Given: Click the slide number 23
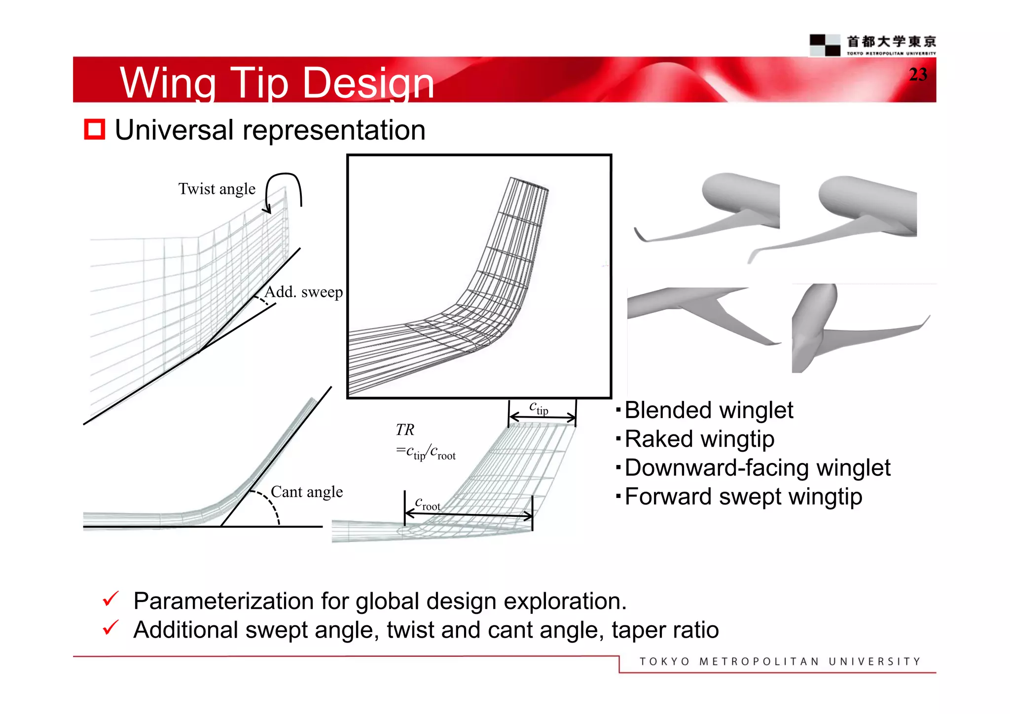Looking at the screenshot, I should pyautogui.click(x=918, y=75).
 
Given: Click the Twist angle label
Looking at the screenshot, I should pyautogui.click(x=217, y=189).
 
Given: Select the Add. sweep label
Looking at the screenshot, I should pyautogui.click(x=303, y=292).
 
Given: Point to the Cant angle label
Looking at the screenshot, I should pyautogui.click(x=307, y=492).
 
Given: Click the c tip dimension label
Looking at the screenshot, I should pyautogui.click(x=539, y=408).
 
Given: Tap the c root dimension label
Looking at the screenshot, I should pyautogui.click(x=427, y=504).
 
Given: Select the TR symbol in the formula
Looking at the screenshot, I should pyautogui.click(x=405, y=430).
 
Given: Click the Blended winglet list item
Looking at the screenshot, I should pyautogui.click(x=709, y=410).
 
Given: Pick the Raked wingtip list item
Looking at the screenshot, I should pyautogui.click(x=699, y=439).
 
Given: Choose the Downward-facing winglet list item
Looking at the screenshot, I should pyautogui.click(x=757, y=467).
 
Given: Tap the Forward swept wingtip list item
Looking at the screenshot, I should pyautogui.click(x=743, y=496).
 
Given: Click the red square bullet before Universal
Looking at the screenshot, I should pyautogui.click(x=94, y=130).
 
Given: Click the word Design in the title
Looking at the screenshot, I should pyautogui.click(x=368, y=83).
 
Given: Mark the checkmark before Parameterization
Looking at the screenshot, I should pyautogui.click(x=110, y=599).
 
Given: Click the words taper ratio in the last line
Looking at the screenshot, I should pyautogui.click(x=665, y=630).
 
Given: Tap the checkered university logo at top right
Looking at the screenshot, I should pyautogui.click(x=825, y=45).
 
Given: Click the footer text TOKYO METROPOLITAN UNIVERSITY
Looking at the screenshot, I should pyautogui.click(x=780, y=661).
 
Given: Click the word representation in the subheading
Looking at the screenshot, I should pyautogui.click(x=334, y=130).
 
